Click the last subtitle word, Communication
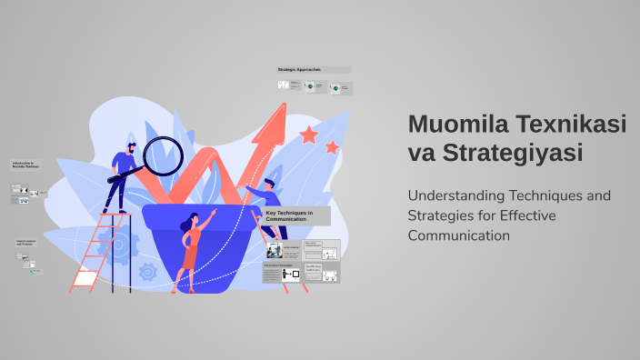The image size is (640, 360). [459, 235]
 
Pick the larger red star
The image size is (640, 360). [309, 135]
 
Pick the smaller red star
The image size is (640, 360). [332, 146]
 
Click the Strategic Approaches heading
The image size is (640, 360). [301, 69]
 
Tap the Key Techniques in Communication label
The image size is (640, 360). [289, 215]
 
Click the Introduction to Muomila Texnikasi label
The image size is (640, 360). [25, 165]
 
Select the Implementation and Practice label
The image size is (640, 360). [26, 243]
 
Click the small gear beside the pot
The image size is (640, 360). [148, 270]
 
